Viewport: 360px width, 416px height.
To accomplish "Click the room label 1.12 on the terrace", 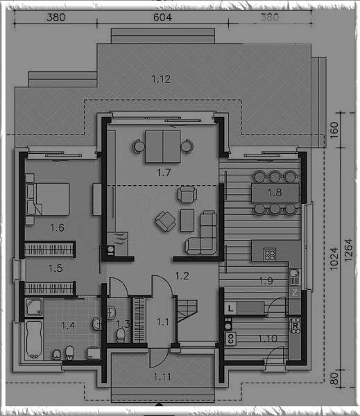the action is click(x=161, y=79).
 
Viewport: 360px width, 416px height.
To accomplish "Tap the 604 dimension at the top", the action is click(x=162, y=17).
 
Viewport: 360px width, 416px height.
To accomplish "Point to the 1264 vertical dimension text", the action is click(x=349, y=250).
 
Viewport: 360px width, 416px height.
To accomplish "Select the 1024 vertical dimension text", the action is click(x=334, y=259).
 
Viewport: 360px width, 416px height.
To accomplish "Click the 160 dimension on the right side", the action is click(x=334, y=130).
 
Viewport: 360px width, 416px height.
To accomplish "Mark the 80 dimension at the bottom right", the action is click(x=334, y=379).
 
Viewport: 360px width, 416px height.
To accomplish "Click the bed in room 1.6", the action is click(x=48, y=199).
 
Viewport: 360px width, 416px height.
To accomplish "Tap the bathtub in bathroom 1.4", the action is click(x=34, y=340).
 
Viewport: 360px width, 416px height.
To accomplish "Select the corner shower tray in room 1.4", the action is click(x=34, y=307).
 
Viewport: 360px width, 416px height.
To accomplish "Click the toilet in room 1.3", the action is click(x=121, y=335).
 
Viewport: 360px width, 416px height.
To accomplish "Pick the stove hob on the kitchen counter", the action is click(x=270, y=254).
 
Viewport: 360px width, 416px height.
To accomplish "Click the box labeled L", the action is click(x=230, y=309).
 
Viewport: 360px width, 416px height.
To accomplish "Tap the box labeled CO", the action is click(x=230, y=338).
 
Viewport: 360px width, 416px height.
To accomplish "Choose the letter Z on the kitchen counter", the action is click(x=295, y=293).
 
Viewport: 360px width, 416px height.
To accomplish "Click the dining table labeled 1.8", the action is click(x=275, y=193).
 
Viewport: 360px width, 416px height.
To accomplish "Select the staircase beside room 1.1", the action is click(x=187, y=311).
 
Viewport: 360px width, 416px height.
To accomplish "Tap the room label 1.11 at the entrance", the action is click(x=162, y=376).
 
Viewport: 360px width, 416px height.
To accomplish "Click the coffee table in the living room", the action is click(x=187, y=220).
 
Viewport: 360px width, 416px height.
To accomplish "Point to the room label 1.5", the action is click(x=55, y=268).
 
